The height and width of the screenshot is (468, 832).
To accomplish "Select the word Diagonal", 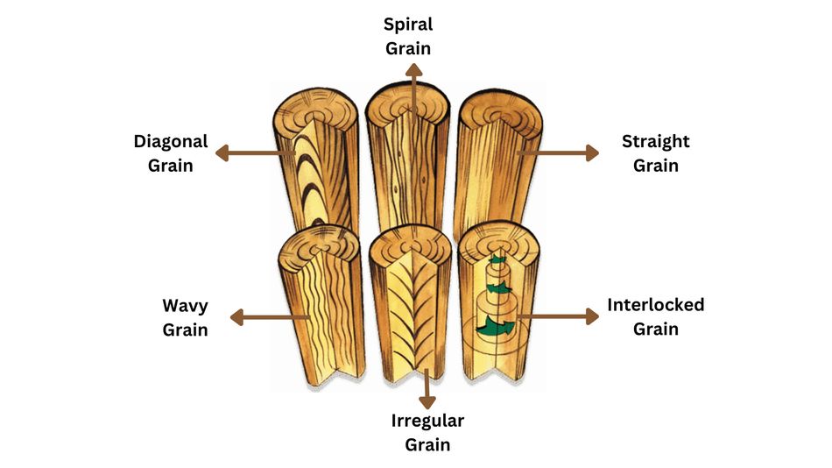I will pos(171,141).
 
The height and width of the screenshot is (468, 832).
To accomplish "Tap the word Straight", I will pos(655,141).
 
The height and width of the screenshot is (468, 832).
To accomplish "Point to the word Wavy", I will pos(185,306).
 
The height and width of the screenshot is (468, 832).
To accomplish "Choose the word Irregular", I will pos(427,421).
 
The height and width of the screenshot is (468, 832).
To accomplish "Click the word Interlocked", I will pos(655,305).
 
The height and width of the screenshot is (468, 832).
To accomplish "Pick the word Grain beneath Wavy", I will pos(185,330).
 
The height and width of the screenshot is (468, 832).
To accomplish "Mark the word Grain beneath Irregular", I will pos(427,444).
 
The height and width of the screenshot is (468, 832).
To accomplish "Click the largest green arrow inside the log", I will pos(493,327).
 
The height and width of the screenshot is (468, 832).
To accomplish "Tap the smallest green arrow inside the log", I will pos(497,260).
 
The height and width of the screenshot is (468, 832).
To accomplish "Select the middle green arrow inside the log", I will pos(497,287).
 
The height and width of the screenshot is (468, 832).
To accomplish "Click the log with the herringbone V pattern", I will pos(408,302).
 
